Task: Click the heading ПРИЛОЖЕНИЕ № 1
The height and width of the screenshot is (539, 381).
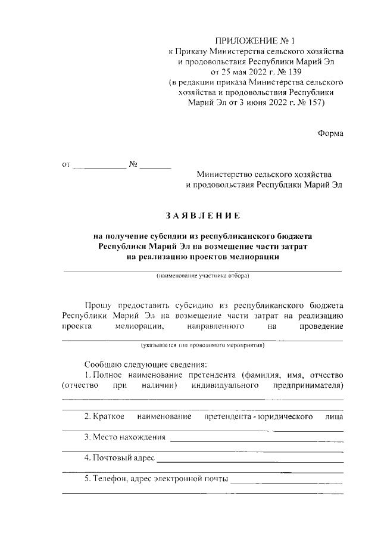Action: click(255, 41)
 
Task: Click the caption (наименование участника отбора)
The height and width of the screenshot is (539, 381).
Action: click(202, 276)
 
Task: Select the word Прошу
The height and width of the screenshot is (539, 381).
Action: click(101, 303)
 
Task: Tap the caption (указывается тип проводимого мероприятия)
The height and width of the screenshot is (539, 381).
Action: click(202, 345)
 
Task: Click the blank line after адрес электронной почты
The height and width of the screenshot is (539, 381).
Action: click(287, 480)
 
